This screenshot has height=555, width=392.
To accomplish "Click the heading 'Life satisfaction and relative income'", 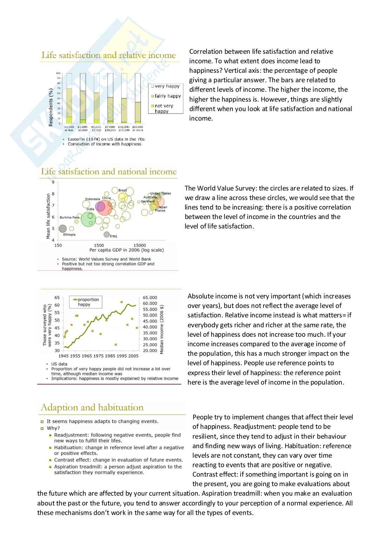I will coord(109,55).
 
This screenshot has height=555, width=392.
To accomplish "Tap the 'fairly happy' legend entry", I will coord(166,96).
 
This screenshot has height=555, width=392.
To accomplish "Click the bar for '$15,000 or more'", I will coord(138,98).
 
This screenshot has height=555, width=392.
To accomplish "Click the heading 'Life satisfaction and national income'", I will coord(109,172).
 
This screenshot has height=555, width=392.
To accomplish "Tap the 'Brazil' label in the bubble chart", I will coord(123,190).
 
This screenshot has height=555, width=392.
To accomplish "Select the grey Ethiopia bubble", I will coord(63,229).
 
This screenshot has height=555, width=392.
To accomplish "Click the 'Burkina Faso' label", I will coord(70,218).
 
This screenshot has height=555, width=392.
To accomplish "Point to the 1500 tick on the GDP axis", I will coord(99,245).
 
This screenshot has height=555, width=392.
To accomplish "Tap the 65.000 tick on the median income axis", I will coord(150,298).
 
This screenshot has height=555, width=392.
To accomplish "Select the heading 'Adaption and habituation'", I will coord(92,407).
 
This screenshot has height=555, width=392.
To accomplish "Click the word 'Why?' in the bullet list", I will coord(53,428).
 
